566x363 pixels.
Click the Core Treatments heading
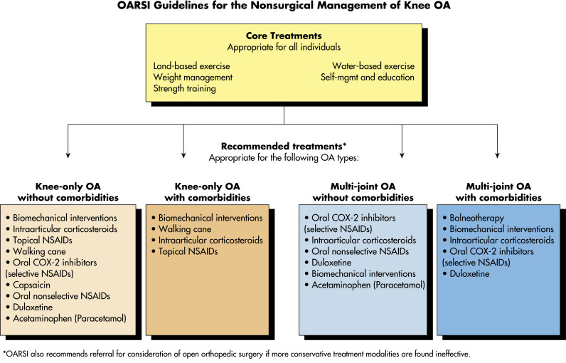[x=284, y=36]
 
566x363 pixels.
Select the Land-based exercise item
[x=191, y=66]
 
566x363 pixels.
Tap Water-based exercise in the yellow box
[x=373, y=66]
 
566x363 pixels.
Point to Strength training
[x=184, y=88]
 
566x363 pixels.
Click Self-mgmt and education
[x=368, y=78]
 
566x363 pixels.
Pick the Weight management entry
[x=193, y=78]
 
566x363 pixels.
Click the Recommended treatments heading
[x=284, y=147]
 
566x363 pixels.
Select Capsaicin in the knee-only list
[x=31, y=285]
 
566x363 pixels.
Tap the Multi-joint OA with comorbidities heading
[x=498, y=191]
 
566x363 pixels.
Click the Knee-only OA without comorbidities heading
[x=68, y=191]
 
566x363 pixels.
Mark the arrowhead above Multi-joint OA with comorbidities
[x=498, y=156]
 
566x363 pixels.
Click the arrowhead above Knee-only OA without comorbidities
[x=68, y=156]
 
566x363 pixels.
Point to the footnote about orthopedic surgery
[x=237, y=354]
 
